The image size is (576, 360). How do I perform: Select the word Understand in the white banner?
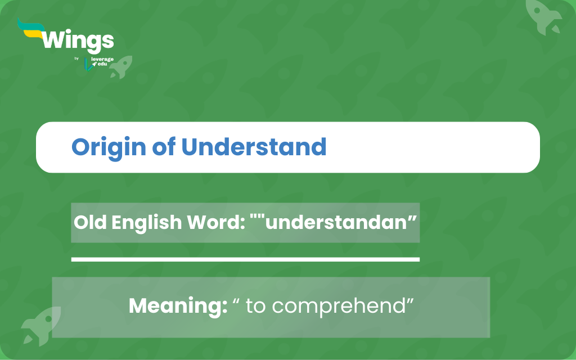[254, 147]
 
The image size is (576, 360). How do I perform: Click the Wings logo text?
[78, 40]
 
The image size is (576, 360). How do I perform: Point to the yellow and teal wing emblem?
[31, 29]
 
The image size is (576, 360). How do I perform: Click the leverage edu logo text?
[102, 61]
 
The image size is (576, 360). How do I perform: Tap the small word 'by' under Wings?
[76, 58]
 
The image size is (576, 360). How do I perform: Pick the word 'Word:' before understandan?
[216, 222]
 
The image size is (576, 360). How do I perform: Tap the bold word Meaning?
[178, 306]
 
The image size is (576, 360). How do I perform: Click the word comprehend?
[338, 306]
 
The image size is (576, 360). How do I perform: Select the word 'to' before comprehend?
[256, 306]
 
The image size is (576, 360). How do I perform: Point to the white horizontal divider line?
[245, 259]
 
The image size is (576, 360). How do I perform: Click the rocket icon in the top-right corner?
[543, 16]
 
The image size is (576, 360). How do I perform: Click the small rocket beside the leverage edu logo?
[121, 67]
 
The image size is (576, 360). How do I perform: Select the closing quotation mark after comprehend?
[410, 301]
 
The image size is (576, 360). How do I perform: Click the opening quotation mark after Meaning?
[236, 301]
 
